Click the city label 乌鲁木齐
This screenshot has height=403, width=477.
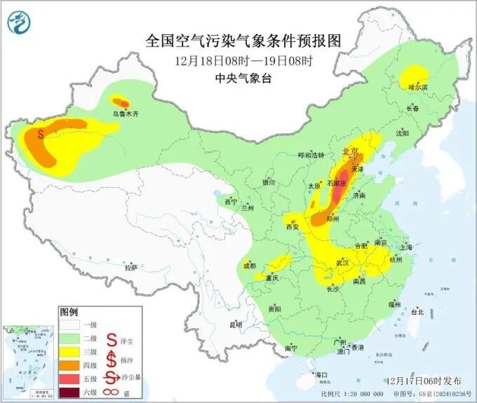pyautogui.click(x=126, y=112)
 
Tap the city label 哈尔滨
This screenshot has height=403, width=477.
pyautogui.click(x=418, y=87)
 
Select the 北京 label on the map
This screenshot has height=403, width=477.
pyautogui.click(x=350, y=151)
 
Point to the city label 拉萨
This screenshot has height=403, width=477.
pyautogui.click(x=130, y=267)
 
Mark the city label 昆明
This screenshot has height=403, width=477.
pyautogui.click(x=235, y=325)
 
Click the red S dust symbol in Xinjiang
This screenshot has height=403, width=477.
pyautogui.click(x=41, y=131)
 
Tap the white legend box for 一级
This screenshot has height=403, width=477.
pyautogui.click(x=69, y=325)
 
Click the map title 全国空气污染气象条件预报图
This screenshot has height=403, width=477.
pyautogui.click(x=243, y=41)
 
